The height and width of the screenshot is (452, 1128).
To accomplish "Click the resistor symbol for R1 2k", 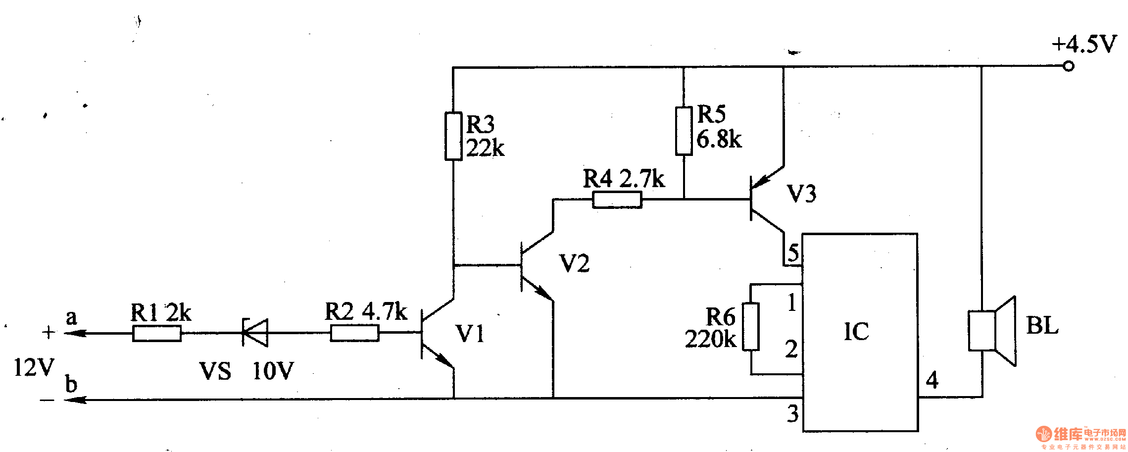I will click(x=156, y=334).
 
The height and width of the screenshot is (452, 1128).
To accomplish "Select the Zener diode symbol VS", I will click(x=255, y=333).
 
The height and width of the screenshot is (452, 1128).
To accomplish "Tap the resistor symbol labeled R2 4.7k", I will click(x=354, y=333).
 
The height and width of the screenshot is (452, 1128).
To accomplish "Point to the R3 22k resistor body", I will click(x=453, y=136).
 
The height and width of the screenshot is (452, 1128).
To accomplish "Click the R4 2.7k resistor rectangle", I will click(x=617, y=200).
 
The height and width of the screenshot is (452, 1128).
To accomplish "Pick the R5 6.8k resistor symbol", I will click(x=684, y=131).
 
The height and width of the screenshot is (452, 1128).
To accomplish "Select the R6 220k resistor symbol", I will click(x=750, y=327).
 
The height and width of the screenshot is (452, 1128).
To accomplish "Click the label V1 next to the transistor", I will click(x=469, y=334).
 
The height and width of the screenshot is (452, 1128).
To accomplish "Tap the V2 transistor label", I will click(x=574, y=263).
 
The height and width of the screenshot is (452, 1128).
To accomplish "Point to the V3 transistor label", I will click(x=801, y=194).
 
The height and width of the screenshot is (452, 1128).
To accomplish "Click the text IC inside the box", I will click(x=856, y=331).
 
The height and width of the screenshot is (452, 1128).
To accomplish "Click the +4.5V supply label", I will click(x=1083, y=44).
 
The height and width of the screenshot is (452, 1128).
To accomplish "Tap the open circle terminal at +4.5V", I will click(x=1069, y=66).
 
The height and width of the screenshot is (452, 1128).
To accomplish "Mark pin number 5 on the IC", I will click(x=793, y=253).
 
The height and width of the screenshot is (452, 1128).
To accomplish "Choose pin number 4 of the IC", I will click(x=932, y=380).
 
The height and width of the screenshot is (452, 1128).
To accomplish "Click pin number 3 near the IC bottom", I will click(x=792, y=413).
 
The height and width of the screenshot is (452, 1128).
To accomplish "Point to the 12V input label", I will click(x=34, y=367).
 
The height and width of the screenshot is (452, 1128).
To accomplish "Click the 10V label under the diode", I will click(x=273, y=371).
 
